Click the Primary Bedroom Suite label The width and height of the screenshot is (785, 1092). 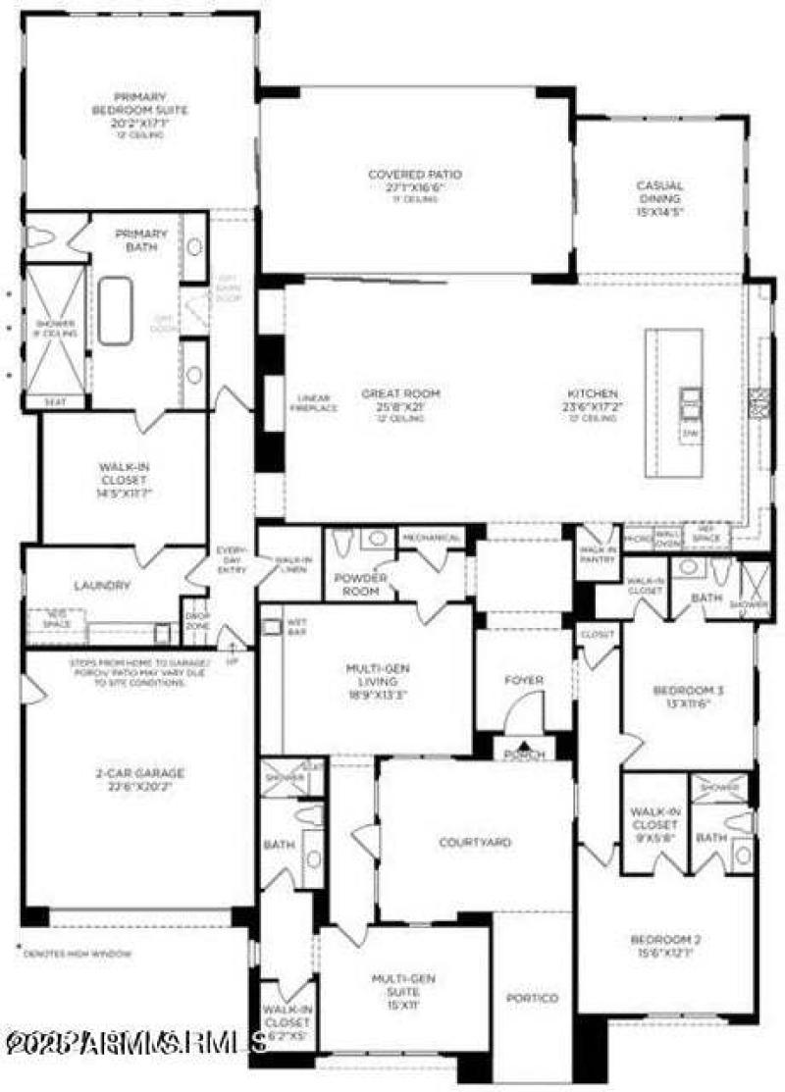coord(138,110)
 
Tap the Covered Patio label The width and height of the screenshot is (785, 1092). coord(415,181)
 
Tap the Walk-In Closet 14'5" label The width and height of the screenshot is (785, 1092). coord(124,474)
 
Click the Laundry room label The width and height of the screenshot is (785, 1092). coord(102,586)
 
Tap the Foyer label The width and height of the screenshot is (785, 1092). coord(524,680)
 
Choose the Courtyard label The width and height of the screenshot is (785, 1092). coord(475,842)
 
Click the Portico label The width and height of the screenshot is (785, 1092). coord(532,998)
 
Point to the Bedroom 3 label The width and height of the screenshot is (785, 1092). coord(689,697)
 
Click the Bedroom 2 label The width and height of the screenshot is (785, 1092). coord(664,945)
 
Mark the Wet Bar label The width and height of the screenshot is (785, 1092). coord(297,626)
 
